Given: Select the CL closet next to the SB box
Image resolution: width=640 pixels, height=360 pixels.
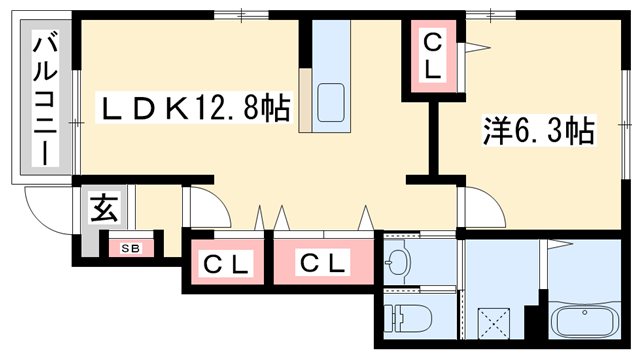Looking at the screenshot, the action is (x=225, y=265).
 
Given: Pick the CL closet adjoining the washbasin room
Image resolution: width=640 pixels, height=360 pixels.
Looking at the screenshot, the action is (x=323, y=265).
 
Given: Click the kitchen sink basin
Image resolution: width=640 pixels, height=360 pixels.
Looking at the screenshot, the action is (x=331, y=101).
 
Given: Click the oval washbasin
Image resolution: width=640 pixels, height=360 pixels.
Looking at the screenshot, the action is (x=398, y=263).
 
